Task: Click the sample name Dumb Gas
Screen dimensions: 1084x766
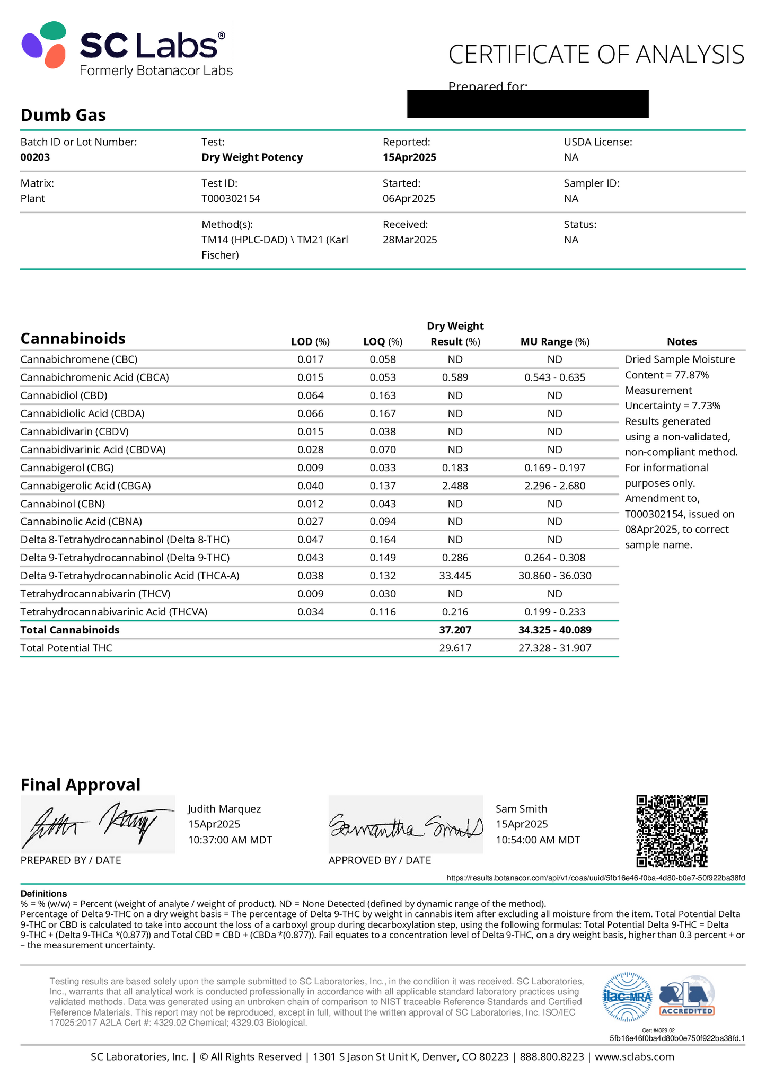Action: pos(63,115)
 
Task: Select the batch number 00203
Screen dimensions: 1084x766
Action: pos(35,157)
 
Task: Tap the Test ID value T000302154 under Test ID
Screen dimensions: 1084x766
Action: pos(231,199)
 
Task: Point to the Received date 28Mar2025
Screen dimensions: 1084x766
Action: pos(410,240)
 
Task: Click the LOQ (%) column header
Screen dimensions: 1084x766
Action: pos(382,342)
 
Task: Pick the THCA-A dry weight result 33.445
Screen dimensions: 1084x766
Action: pos(455,576)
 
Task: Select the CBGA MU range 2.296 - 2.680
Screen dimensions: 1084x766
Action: pos(554,486)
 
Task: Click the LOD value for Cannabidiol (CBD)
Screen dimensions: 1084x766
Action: pos(310,395)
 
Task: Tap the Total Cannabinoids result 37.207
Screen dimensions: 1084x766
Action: pos(455,630)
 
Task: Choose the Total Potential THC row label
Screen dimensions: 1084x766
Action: pos(66,648)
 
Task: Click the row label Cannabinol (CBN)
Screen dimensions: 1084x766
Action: pos(63,504)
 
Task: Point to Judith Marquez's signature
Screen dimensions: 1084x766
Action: pos(98,824)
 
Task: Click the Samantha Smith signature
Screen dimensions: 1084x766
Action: pos(406,824)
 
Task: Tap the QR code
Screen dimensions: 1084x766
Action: pos(672,831)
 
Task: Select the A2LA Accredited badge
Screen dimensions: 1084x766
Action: pos(686,997)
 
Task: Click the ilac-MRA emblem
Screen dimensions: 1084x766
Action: pos(628,997)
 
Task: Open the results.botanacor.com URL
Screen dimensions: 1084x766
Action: pos(595,878)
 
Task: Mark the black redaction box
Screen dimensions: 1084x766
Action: pos(527,104)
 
